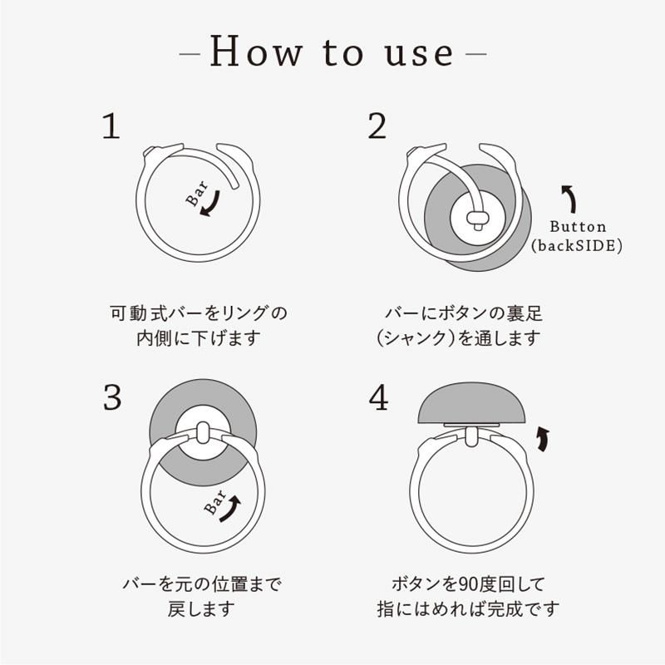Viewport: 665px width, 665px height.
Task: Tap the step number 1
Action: pos(111,127)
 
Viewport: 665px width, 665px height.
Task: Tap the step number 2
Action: pos(377,127)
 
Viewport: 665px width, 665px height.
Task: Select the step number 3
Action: pos(112,398)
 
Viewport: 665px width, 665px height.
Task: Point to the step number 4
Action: pos(378,399)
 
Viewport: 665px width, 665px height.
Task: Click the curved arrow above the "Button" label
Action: pos(570,199)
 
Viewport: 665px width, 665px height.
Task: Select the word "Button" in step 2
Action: pos(579,227)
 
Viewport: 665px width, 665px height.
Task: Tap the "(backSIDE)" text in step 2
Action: pos(577,246)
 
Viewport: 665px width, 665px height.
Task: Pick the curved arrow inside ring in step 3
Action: pos(232,505)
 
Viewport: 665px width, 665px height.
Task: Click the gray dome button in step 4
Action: pos(471,404)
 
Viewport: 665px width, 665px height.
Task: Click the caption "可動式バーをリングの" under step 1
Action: pos(199,314)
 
